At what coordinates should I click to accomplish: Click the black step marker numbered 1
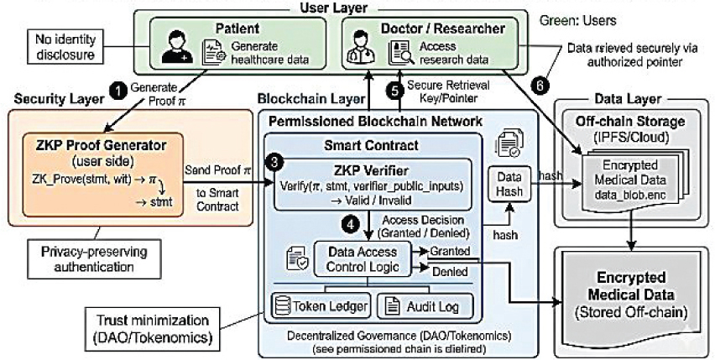tap(119, 91)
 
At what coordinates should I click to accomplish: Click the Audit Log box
tap(425, 306)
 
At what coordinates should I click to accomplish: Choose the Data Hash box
tap(509, 185)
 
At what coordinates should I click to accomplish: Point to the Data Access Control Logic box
tap(363, 258)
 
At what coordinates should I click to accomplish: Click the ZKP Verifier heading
tap(371, 170)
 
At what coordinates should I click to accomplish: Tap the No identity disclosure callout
tap(65, 47)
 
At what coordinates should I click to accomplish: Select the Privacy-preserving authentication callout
tap(94, 259)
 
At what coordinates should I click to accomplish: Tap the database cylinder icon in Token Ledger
tap(281, 306)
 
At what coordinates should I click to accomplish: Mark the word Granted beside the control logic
tap(450, 251)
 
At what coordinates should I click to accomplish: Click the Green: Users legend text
tap(577, 20)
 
